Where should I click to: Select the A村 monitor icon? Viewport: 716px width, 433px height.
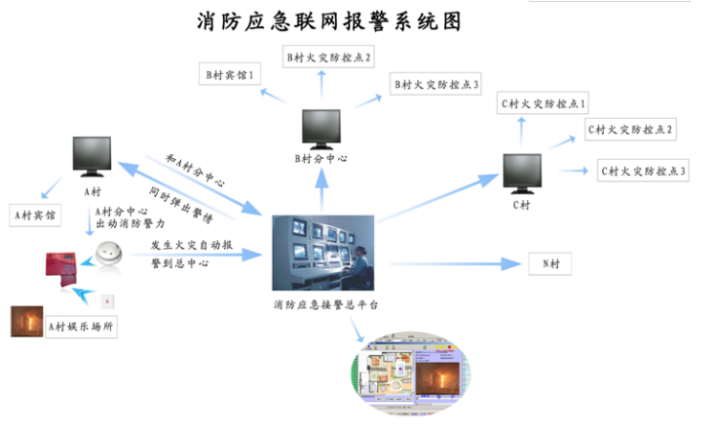pyautogui.click(x=94, y=157)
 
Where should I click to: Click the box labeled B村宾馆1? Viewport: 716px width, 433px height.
pyautogui.click(x=229, y=74)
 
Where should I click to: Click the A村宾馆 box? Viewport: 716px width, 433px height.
pyautogui.click(x=35, y=212)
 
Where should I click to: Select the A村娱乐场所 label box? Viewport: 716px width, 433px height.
pyautogui.click(x=82, y=327)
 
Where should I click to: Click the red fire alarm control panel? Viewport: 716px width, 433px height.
pyautogui.click(x=64, y=269)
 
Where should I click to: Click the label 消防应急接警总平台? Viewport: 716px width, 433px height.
pyautogui.click(x=321, y=305)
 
